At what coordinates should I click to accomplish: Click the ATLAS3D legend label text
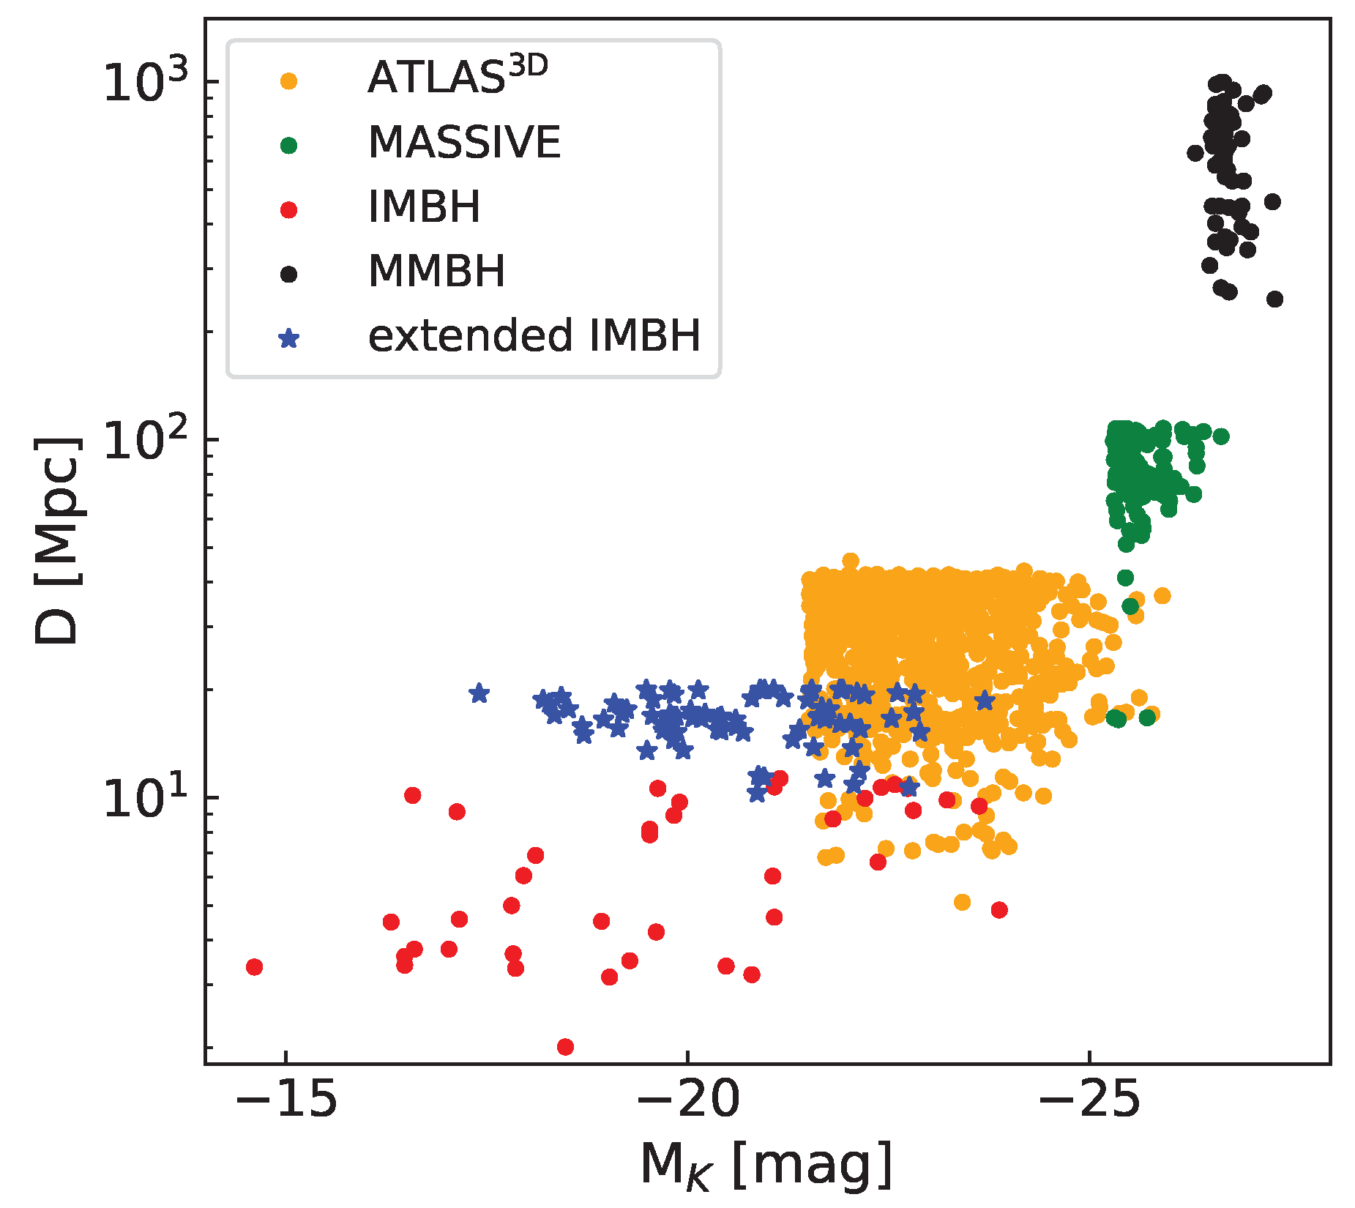458,78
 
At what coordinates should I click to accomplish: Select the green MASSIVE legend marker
289,146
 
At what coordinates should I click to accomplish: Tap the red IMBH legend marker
289,210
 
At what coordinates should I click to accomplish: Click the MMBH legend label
436,272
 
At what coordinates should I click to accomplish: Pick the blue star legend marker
289,339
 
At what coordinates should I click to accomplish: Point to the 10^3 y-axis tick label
146,81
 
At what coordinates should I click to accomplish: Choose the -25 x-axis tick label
1089,1100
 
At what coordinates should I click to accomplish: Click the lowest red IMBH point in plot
565,1047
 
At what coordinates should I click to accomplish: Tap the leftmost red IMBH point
254,967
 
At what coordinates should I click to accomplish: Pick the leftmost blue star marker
479,693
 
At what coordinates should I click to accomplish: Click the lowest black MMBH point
1274,299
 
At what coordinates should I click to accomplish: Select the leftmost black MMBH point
1195,153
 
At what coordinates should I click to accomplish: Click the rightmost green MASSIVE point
1221,436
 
